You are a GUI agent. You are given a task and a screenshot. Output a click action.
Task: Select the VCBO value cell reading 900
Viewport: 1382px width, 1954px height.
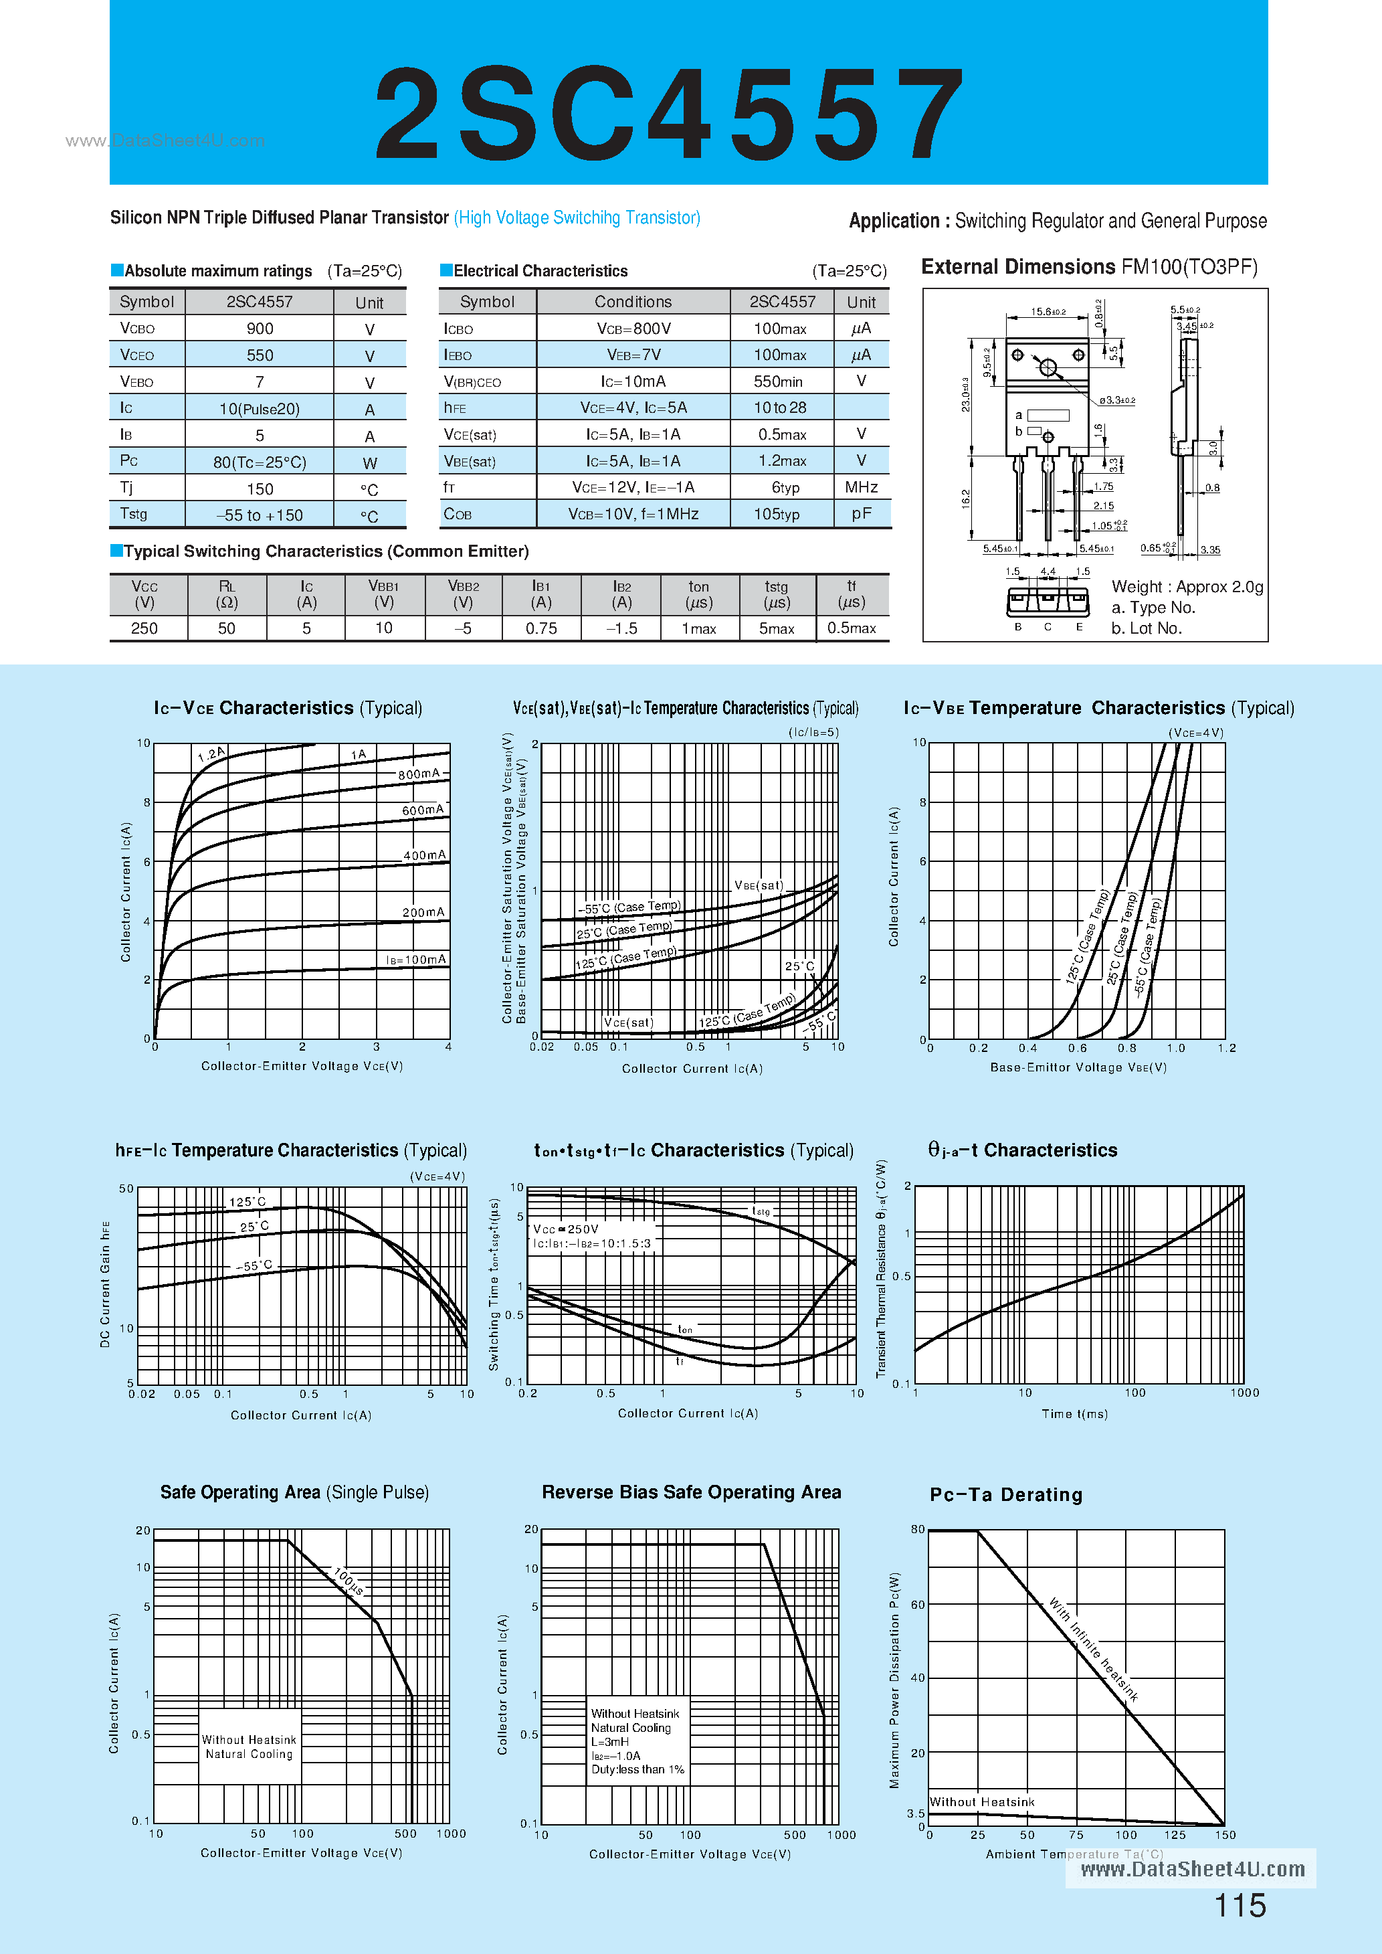click(260, 329)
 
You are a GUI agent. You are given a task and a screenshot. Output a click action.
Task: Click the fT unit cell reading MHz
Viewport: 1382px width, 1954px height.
click(861, 486)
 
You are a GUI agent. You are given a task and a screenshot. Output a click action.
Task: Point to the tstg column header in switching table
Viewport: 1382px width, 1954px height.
click(776, 594)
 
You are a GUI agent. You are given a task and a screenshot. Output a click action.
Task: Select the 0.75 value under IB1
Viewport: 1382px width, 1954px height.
click(541, 628)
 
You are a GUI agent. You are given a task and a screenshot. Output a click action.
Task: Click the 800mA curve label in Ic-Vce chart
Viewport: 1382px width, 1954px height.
click(419, 774)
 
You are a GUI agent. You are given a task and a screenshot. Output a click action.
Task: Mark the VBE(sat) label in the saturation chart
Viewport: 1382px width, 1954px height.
click(759, 885)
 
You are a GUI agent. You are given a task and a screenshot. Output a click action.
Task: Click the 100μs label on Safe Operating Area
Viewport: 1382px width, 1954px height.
click(348, 1581)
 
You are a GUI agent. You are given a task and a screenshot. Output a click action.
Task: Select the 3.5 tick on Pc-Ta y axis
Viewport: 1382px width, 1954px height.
click(916, 1813)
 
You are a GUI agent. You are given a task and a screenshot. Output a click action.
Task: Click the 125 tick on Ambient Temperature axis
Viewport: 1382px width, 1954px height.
click(1175, 1835)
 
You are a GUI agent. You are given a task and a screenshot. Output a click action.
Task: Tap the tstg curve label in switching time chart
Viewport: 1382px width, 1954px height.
click(761, 1211)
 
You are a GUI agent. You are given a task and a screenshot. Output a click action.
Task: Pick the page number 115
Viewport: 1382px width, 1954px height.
click(1240, 1906)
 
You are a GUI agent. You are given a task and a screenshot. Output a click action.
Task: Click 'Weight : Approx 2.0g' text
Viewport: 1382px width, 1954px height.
click(1187, 586)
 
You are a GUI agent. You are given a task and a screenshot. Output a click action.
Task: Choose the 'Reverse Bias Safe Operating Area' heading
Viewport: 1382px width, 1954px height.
click(691, 1492)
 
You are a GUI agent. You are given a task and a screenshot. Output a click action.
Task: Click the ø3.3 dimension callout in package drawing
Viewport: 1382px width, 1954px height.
click(1116, 400)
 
